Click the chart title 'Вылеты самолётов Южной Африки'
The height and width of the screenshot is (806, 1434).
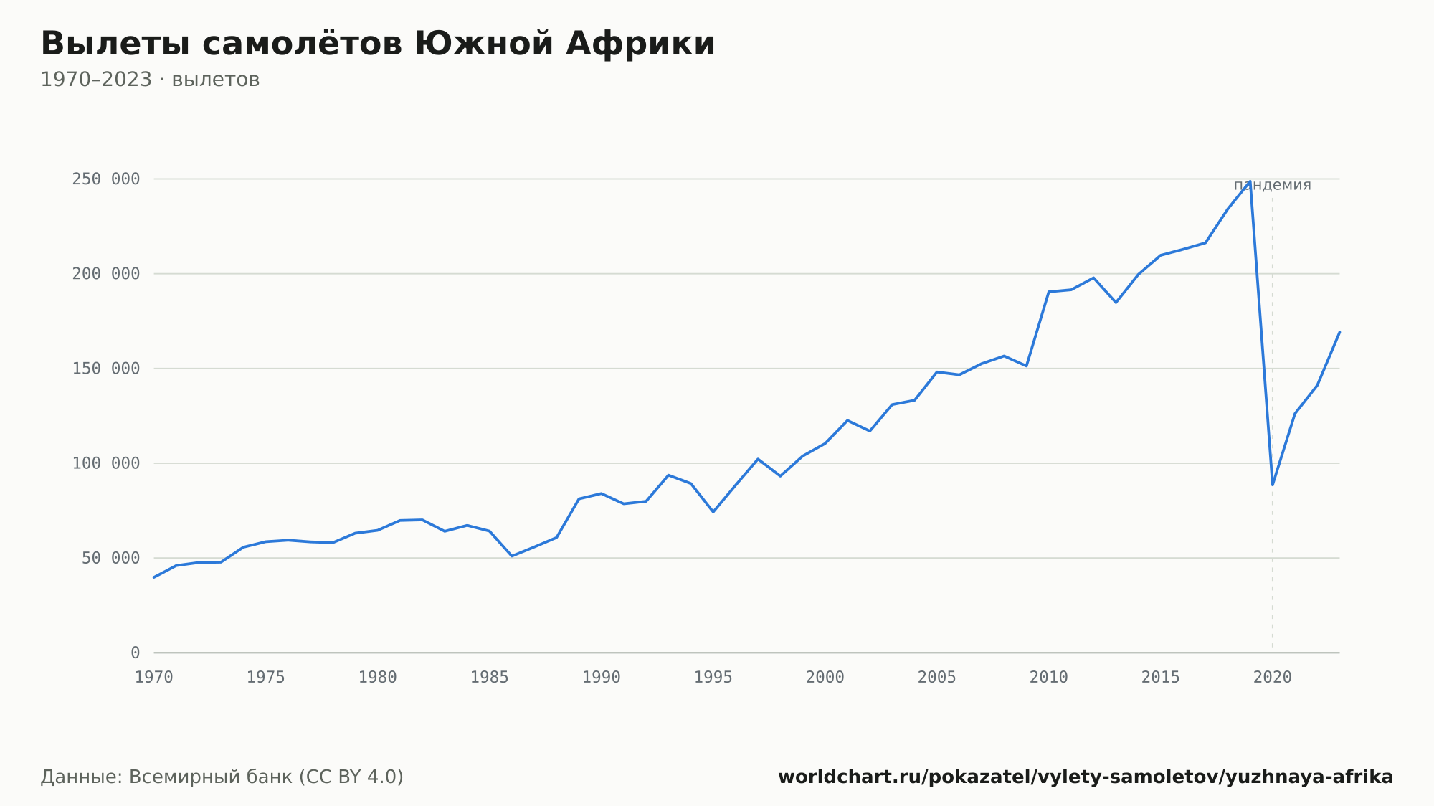(x=378, y=44)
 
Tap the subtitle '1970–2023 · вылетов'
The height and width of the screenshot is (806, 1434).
(x=150, y=80)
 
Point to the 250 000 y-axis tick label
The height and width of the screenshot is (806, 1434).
(x=105, y=179)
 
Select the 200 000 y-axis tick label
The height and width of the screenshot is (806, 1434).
(x=105, y=274)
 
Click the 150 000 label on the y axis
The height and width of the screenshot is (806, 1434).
(x=105, y=369)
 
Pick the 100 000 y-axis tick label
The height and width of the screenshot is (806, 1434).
(x=105, y=463)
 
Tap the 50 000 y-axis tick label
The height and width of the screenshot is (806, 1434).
(x=110, y=558)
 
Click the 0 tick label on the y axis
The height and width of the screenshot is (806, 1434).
(x=136, y=653)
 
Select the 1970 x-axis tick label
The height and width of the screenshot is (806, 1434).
(x=154, y=678)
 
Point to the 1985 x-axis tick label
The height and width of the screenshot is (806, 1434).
(x=490, y=678)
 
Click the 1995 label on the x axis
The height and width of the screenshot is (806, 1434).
(x=713, y=678)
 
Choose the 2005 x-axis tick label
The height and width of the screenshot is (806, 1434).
(x=937, y=678)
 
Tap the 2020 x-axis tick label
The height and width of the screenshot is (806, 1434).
(x=1273, y=678)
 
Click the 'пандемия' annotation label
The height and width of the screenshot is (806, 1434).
(x=1273, y=185)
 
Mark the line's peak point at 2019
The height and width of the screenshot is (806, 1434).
(x=1250, y=181)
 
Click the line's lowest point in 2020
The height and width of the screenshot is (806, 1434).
(x=1273, y=485)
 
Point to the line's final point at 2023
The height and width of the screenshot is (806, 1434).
(x=1339, y=332)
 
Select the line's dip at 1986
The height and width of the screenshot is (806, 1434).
(x=512, y=556)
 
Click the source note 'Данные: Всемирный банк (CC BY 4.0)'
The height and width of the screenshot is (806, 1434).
(x=222, y=777)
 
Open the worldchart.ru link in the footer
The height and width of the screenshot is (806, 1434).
(x=1086, y=777)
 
